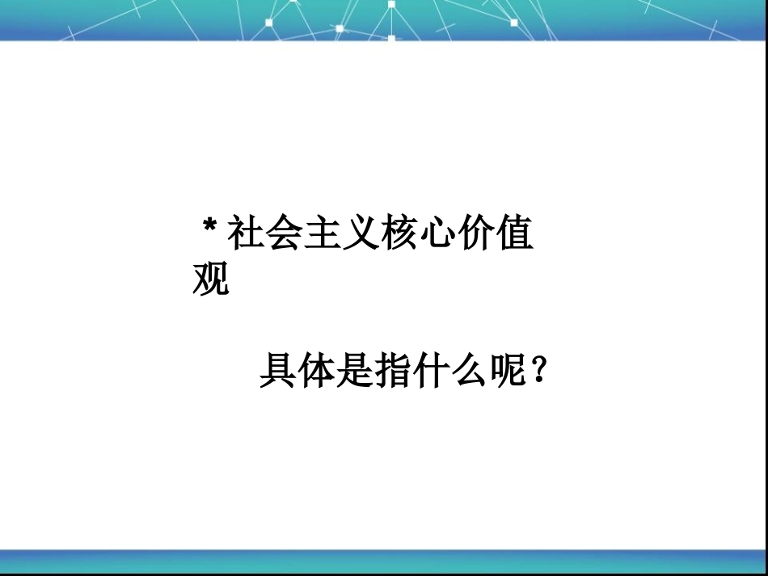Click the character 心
[441, 235]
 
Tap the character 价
[479, 235]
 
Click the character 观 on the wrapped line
[211, 280]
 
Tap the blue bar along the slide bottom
[384, 561]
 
